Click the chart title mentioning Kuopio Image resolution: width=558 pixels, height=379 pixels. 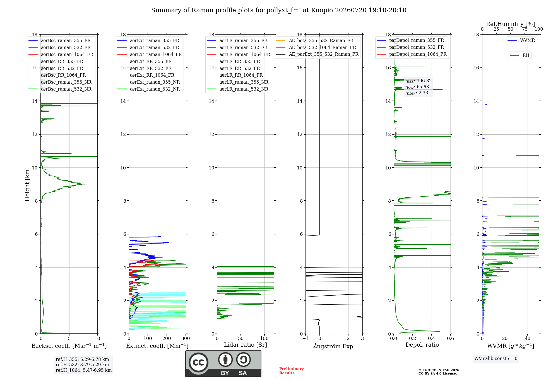(279, 10)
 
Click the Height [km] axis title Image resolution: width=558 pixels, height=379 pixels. (27, 184)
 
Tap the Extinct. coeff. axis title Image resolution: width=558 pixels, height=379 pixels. (157, 346)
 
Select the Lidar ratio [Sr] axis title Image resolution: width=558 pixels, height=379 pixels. (246, 345)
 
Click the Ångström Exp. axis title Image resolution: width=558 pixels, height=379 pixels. (334, 346)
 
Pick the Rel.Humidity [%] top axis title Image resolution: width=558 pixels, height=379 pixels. (511, 24)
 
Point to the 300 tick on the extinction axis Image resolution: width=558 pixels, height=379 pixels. (186, 339)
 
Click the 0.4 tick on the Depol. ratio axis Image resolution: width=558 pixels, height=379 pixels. (432, 339)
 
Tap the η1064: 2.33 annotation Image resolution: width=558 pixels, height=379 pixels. (417, 93)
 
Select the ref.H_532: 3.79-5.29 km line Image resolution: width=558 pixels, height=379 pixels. (82, 365)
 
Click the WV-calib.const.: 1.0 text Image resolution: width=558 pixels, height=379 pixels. (496, 359)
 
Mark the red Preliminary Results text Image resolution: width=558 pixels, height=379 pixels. (292, 371)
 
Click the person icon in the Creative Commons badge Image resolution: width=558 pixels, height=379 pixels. (225, 359)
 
